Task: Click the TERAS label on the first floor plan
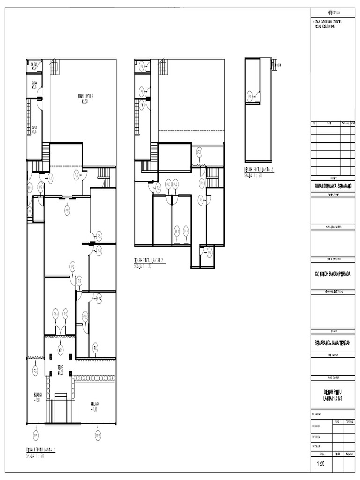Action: pyautogui.click(x=60, y=368)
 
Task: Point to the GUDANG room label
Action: pyautogui.click(x=34, y=85)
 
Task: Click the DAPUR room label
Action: pyautogui.click(x=34, y=129)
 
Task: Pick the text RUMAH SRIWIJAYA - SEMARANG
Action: pyautogui.click(x=333, y=186)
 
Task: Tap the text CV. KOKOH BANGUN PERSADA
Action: pyautogui.click(x=333, y=274)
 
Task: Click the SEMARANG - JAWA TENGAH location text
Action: pyautogui.click(x=333, y=343)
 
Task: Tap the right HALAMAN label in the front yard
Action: pyautogui.click(x=95, y=406)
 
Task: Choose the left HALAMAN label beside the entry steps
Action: pyautogui.click(x=37, y=397)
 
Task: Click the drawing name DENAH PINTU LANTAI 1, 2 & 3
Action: pyautogui.click(x=333, y=395)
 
